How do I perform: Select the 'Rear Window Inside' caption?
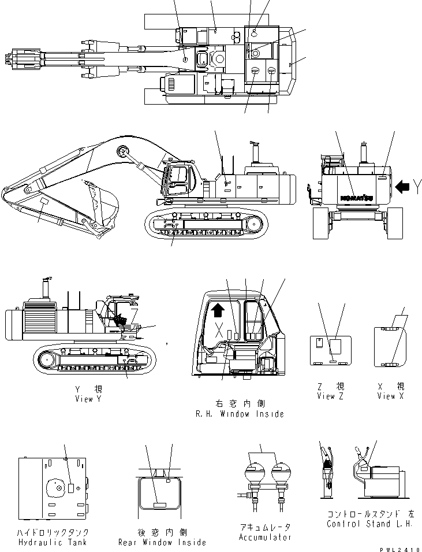(x=162, y=542)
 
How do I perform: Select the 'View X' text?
(x=391, y=396)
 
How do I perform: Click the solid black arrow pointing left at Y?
(x=402, y=186)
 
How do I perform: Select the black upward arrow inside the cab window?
(x=218, y=312)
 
